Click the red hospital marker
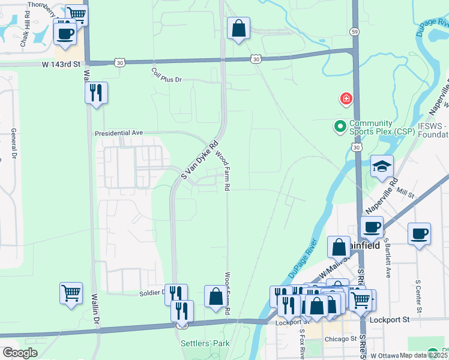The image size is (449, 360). click(346, 98)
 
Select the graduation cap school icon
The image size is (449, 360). click(382, 167)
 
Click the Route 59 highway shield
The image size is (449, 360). click(355, 47)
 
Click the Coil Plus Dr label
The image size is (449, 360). click(166, 79)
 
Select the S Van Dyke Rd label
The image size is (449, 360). click(199, 160)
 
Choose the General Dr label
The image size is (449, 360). click(13, 145)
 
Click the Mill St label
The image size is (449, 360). click(406, 196)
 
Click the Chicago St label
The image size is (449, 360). click(339, 339)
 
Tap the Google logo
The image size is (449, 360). click(20, 353)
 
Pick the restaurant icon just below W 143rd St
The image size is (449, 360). click(96, 93)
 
